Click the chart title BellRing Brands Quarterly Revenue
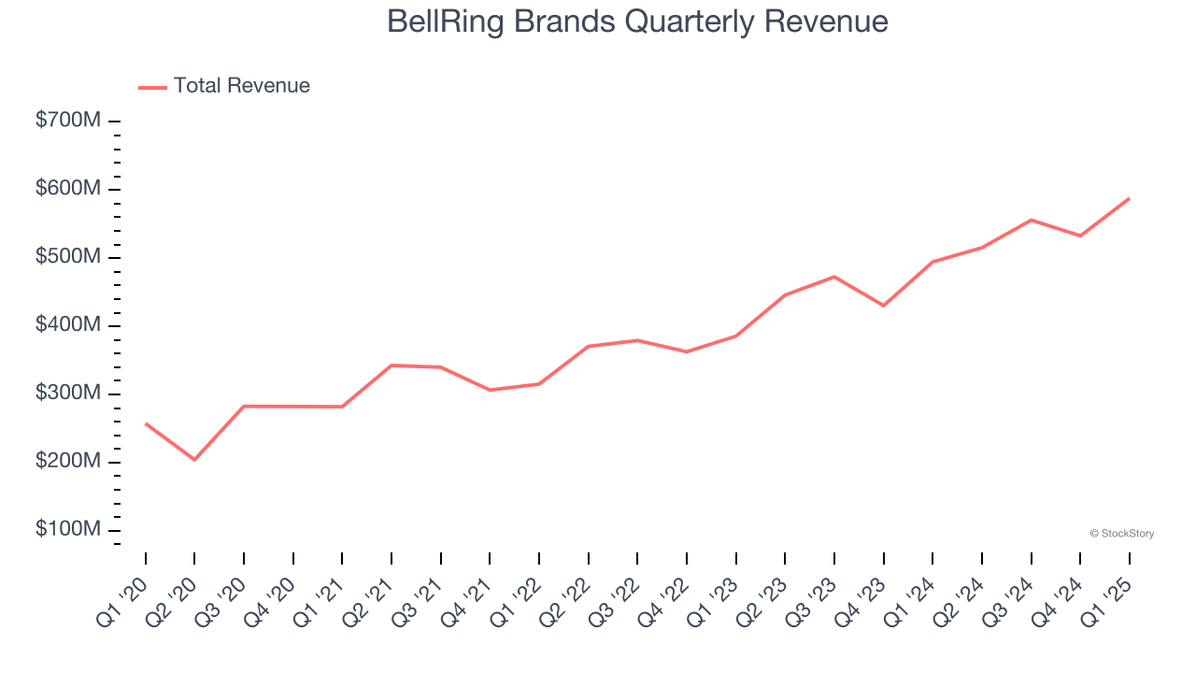pos(637,21)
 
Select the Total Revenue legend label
pos(241,86)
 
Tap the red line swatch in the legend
pos(152,87)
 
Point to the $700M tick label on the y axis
pos(68,121)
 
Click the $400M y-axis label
pos(68,325)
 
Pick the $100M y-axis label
pos(68,530)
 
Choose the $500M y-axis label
pos(68,257)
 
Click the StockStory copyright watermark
pos(1121,534)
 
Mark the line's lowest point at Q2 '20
pos(194,460)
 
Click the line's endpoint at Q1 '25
pos(1130,198)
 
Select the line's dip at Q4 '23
pos(883,306)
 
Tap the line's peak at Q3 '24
pos(1031,220)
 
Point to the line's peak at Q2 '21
pos(392,365)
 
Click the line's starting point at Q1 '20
pos(146,423)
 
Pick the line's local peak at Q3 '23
pos(833,277)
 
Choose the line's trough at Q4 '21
pos(490,390)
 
